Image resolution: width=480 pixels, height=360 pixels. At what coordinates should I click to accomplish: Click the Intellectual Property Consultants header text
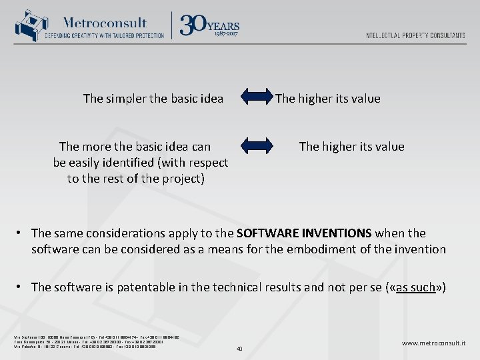point(415,35)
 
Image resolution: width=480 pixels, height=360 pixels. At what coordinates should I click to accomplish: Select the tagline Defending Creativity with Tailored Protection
point(104,35)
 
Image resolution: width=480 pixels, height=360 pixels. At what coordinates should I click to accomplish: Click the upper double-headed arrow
point(256,99)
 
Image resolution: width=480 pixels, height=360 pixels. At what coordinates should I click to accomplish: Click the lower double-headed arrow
point(256,146)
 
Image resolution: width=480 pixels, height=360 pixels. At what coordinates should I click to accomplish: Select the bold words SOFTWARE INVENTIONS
point(303,233)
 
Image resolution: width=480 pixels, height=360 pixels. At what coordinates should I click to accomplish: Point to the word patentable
point(145,287)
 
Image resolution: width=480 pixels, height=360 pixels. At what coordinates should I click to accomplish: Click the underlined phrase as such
point(415,287)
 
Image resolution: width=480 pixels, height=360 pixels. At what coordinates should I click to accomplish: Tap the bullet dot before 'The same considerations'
point(21,233)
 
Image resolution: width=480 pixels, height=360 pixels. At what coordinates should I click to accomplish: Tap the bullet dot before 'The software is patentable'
point(21,287)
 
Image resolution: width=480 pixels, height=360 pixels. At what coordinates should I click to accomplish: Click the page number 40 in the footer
point(239,348)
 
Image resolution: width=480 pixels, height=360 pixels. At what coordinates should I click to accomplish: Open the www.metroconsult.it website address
point(434,343)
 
